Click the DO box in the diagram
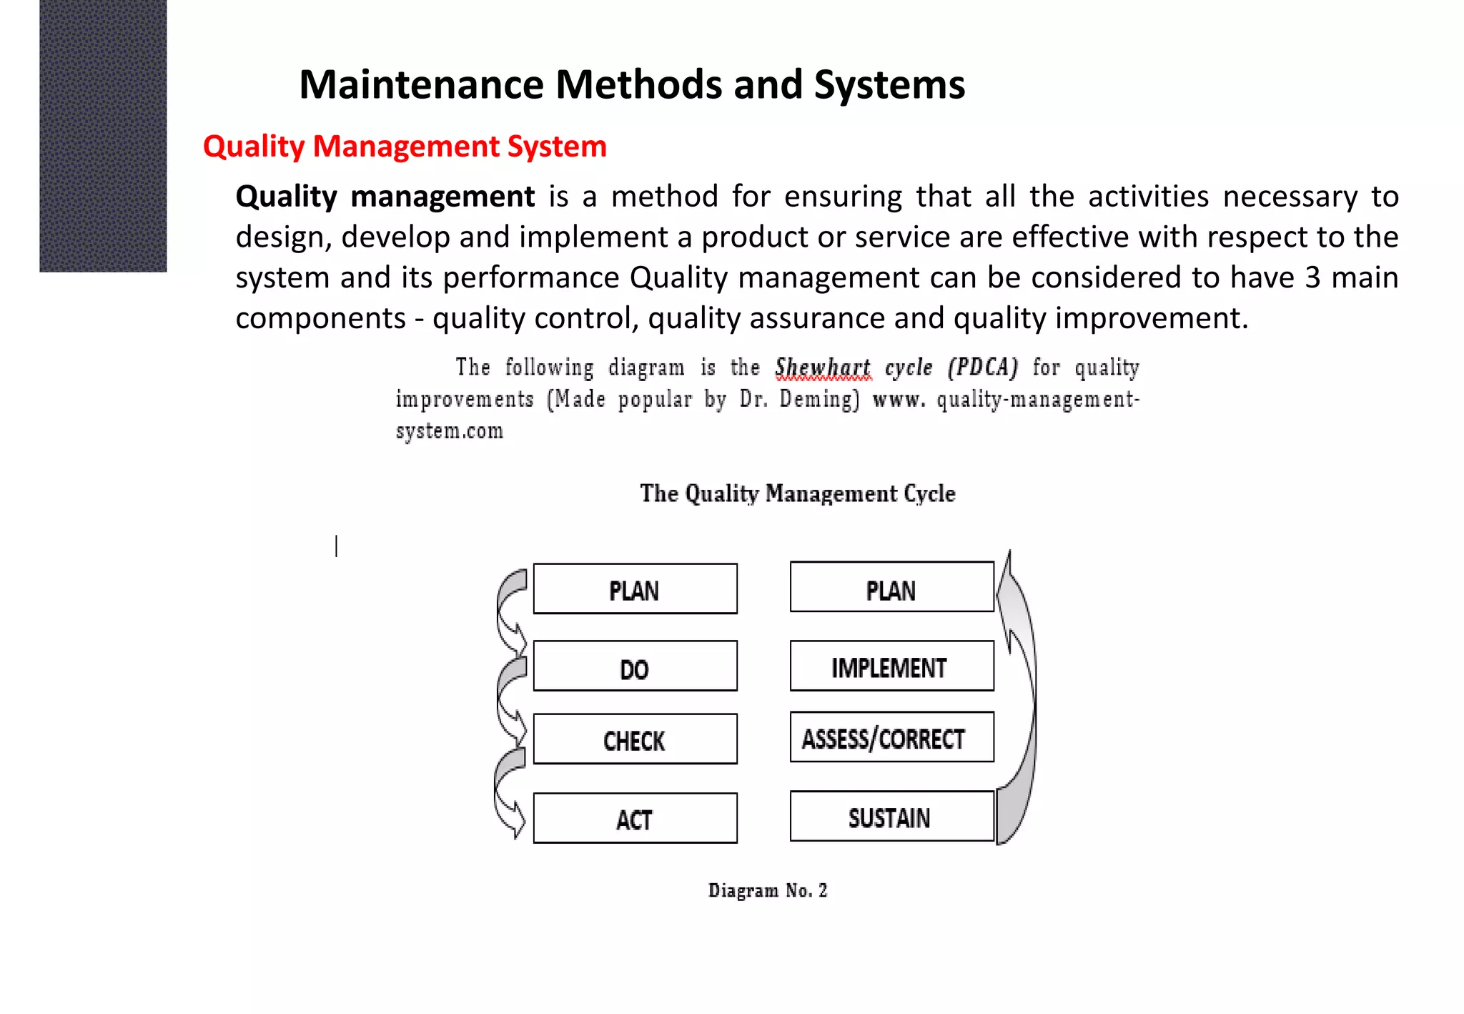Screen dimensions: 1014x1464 [635, 666]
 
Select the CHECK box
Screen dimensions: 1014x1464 [635, 739]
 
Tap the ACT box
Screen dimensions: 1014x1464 [635, 818]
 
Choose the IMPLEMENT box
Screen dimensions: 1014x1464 [891, 666]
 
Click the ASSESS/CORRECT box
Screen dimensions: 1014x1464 [891, 737]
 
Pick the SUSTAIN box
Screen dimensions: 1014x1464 [891, 817]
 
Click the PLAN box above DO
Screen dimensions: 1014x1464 [635, 589]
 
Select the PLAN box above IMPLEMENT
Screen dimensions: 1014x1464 [891, 587]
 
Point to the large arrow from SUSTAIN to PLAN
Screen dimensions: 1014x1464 [1021, 701]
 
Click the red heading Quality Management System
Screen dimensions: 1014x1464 [405, 147]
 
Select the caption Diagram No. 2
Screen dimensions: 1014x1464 [767, 890]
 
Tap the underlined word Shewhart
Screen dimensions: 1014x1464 [823, 368]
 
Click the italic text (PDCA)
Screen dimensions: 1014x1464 [982, 368]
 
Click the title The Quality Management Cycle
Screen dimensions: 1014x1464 [797, 493]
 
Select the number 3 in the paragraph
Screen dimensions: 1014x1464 [1312, 277]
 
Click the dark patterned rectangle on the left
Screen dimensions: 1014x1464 [103, 136]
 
